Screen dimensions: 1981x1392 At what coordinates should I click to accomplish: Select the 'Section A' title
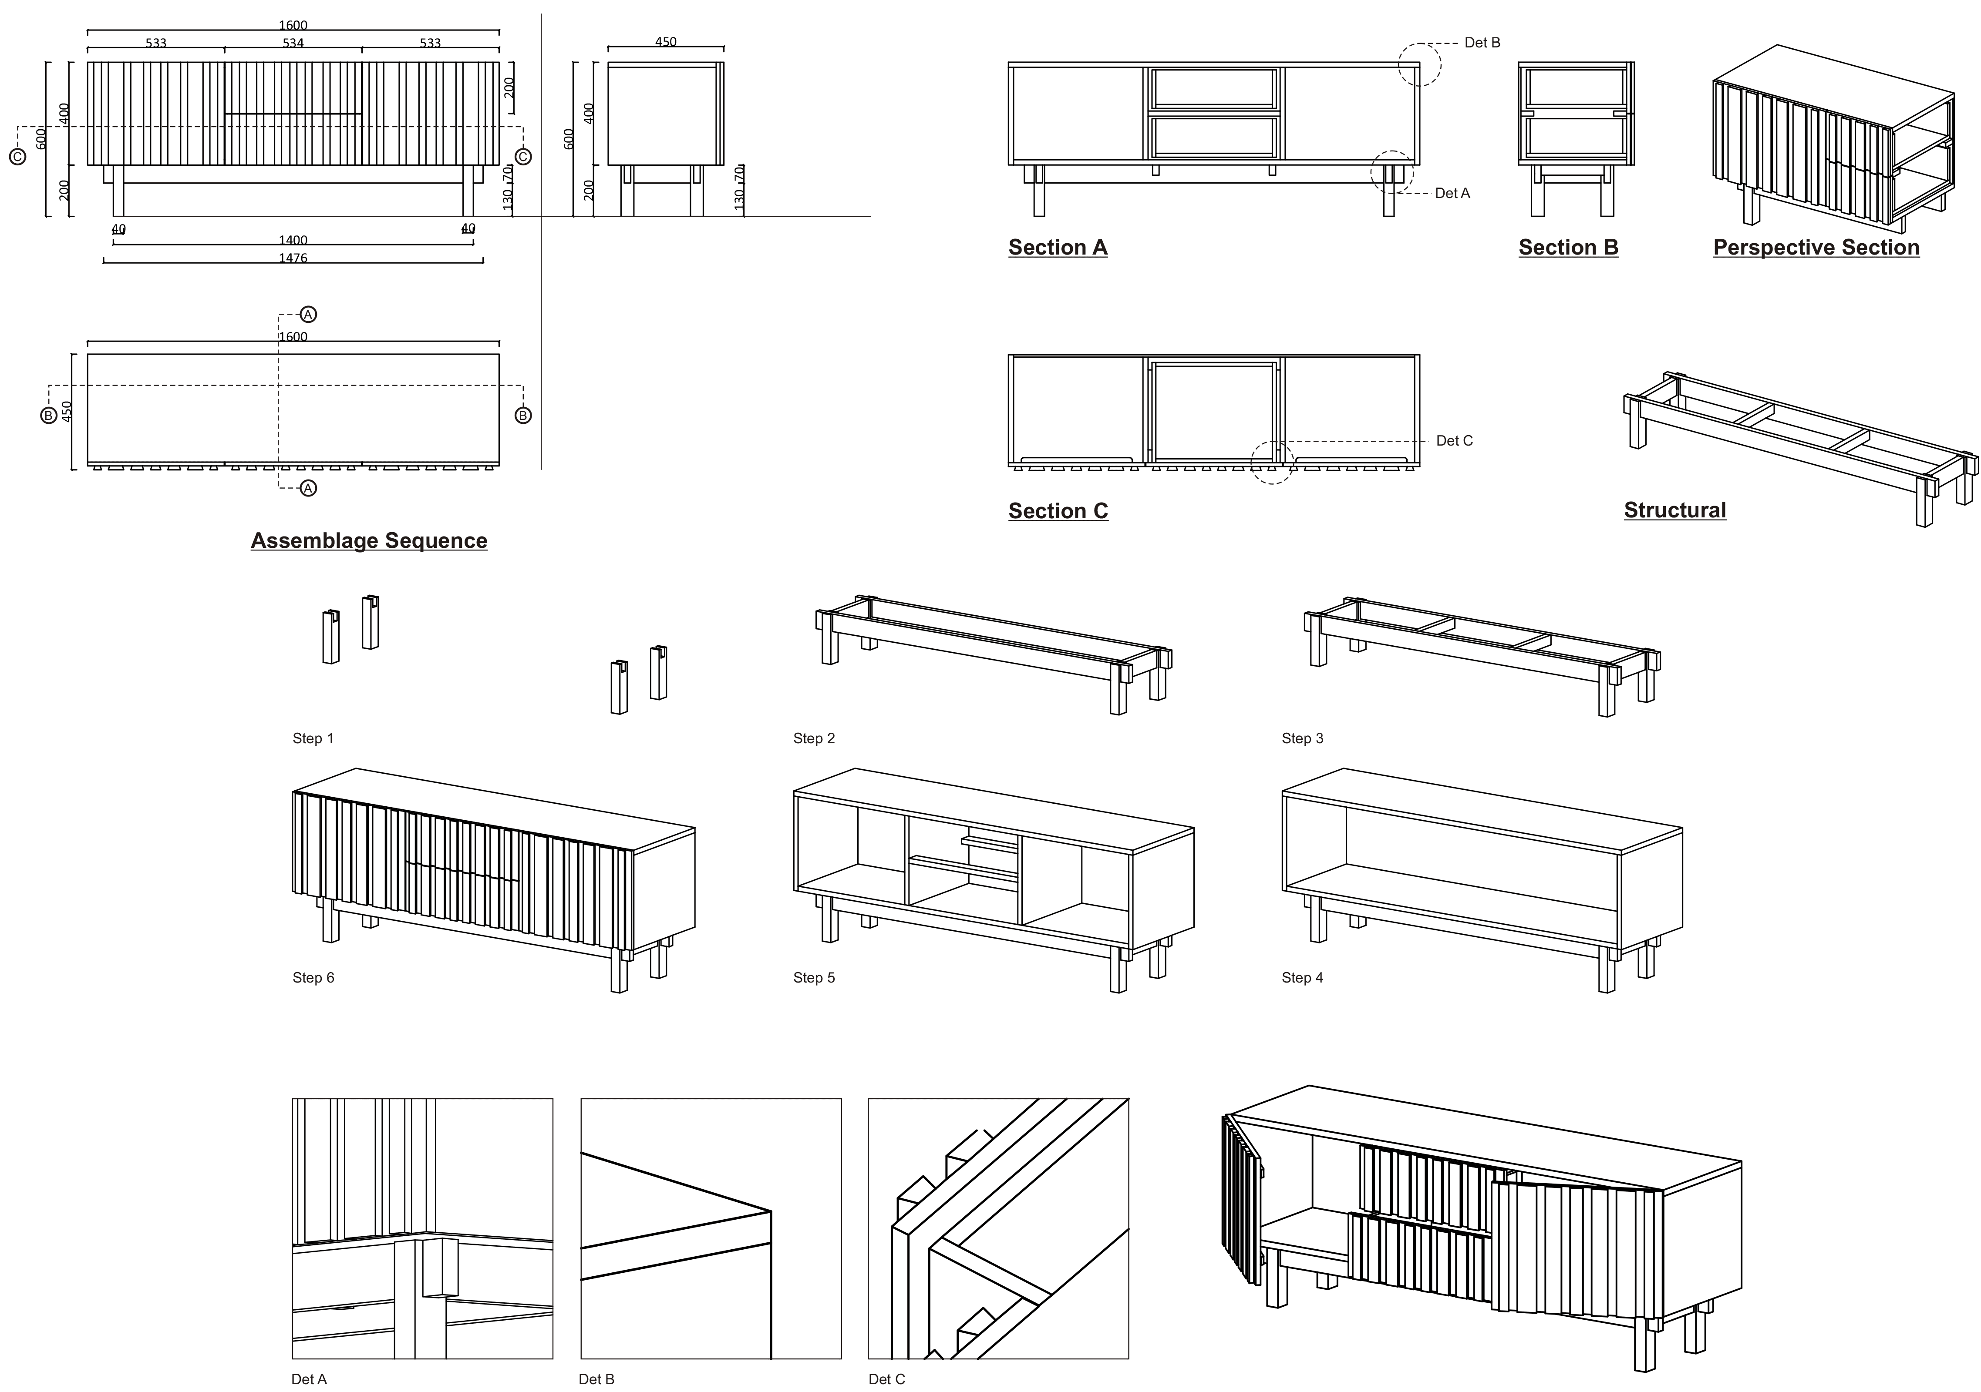(1058, 248)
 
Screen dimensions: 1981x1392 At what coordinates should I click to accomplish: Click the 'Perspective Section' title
(1816, 248)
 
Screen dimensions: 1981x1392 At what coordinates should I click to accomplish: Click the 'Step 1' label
(312, 738)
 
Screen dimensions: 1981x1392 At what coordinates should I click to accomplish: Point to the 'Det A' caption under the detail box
(309, 1379)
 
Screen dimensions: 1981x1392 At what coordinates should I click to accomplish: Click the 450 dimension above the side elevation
(665, 41)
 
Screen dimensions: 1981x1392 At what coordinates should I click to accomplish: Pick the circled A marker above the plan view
(308, 315)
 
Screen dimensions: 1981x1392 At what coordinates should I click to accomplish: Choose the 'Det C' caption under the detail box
(886, 1379)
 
